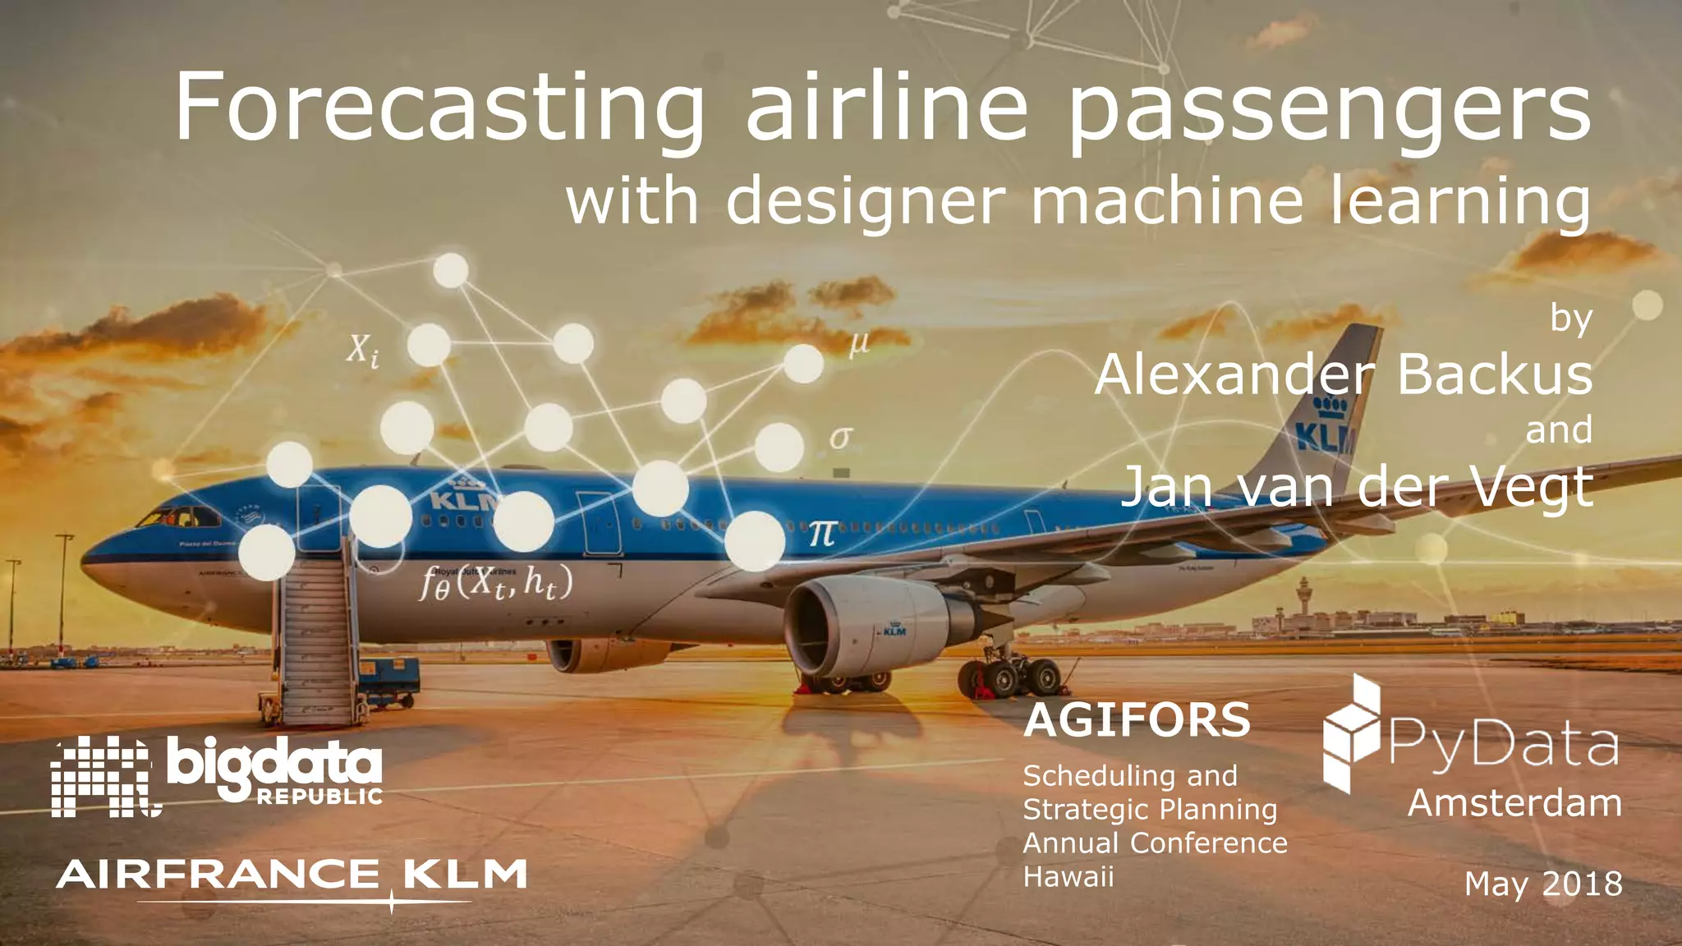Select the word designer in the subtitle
pyautogui.click(x=864, y=201)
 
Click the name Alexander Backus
pyautogui.click(x=1344, y=374)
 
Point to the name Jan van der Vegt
pyautogui.click(x=1357, y=486)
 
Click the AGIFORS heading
pyautogui.click(x=1137, y=720)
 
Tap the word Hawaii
pyautogui.click(x=1068, y=877)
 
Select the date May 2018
pyautogui.click(x=1543, y=884)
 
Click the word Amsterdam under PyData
pyautogui.click(x=1514, y=802)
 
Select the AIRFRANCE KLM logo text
pyautogui.click(x=292, y=875)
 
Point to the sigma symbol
pyautogui.click(x=839, y=437)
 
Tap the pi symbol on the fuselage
pyautogui.click(x=822, y=535)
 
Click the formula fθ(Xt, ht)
pyautogui.click(x=496, y=584)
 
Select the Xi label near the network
pyautogui.click(x=361, y=351)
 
